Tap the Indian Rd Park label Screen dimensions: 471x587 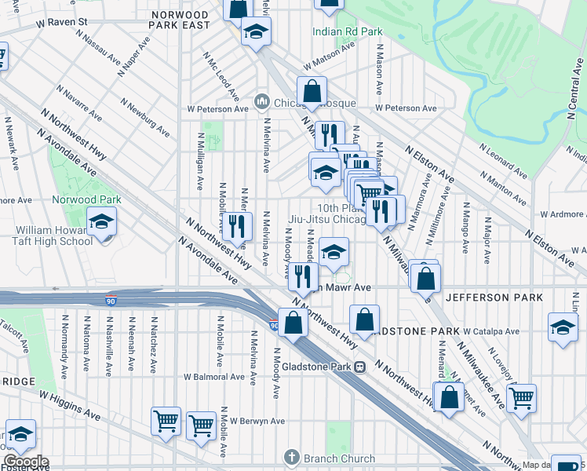point(347,32)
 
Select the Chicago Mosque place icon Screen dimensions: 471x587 point(261,102)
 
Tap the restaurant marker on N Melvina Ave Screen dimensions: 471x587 point(237,227)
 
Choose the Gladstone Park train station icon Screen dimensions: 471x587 point(359,367)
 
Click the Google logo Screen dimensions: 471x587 point(25,462)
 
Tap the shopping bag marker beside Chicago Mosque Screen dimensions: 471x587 point(312,91)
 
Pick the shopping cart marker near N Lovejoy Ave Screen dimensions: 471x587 point(520,399)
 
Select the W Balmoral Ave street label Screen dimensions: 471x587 point(213,377)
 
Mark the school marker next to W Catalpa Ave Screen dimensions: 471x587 point(563,327)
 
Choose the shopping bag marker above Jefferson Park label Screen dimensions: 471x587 point(425,278)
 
